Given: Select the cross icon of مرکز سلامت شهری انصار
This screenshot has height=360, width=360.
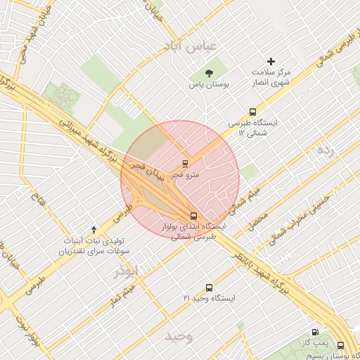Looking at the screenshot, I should click(x=271, y=62).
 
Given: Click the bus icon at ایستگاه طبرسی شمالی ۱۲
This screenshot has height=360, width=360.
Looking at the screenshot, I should click(x=252, y=112).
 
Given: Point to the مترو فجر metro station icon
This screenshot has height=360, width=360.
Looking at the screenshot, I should click(x=186, y=163).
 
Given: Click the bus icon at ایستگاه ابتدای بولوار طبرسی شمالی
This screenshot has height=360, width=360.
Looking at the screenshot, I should click(x=193, y=216).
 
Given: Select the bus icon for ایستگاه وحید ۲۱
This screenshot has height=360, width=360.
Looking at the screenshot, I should click(x=209, y=288).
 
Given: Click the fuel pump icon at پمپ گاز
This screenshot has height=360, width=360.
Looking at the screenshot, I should click(x=314, y=332).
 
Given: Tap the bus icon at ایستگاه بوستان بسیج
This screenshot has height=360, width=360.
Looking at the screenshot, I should click(x=341, y=345).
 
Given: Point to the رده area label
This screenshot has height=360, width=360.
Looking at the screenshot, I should click(x=325, y=150).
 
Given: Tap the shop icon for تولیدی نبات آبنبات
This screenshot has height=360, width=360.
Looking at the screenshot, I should click(x=103, y=229).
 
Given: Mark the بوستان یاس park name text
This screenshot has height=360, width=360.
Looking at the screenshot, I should click(x=201, y=85).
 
